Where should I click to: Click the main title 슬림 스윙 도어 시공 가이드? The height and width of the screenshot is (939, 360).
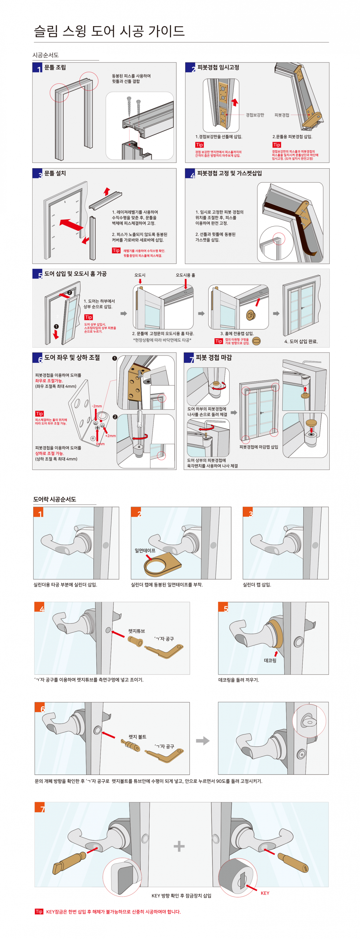pyautogui.click(x=109, y=31)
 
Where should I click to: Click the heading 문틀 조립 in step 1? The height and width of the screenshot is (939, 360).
pyautogui.click(x=55, y=68)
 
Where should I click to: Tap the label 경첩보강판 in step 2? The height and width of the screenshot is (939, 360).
pyautogui.click(x=255, y=115)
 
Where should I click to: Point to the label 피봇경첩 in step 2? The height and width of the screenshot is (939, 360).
pyautogui.click(x=282, y=115)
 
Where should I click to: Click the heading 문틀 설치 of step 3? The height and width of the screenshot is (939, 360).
pyautogui.click(x=55, y=173)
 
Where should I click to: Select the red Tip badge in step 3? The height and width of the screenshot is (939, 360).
pyautogui.click(x=116, y=250)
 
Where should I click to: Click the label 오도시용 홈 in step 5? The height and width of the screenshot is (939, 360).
pyautogui.click(x=185, y=275)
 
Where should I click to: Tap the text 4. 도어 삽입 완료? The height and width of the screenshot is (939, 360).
pyautogui.click(x=301, y=342)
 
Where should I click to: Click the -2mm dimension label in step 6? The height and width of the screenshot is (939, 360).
pyautogui.click(x=97, y=406)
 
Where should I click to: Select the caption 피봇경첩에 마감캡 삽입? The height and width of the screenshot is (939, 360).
pyautogui.click(x=258, y=447)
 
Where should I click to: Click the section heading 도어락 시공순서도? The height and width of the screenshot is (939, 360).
pyautogui.click(x=55, y=499)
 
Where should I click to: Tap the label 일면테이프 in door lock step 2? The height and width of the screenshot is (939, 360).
pyautogui.click(x=145, y=550)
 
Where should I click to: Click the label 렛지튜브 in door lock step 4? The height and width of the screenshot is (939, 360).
pyautogui.click(x=136, y=631)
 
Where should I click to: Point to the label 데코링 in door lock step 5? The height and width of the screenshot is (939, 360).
pyautogui.click(x=270, y=661)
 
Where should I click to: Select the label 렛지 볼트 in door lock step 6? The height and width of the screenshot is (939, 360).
pyautogui.click(x=137, y=737)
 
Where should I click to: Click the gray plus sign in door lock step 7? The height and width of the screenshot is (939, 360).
pyautogui.click(x=179, y=846)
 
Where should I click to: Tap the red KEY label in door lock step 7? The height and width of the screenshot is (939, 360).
pyautogui.click(x=265, y=893)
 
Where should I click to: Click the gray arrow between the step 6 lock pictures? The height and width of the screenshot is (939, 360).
pyautogui.click(x=202, y=741)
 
